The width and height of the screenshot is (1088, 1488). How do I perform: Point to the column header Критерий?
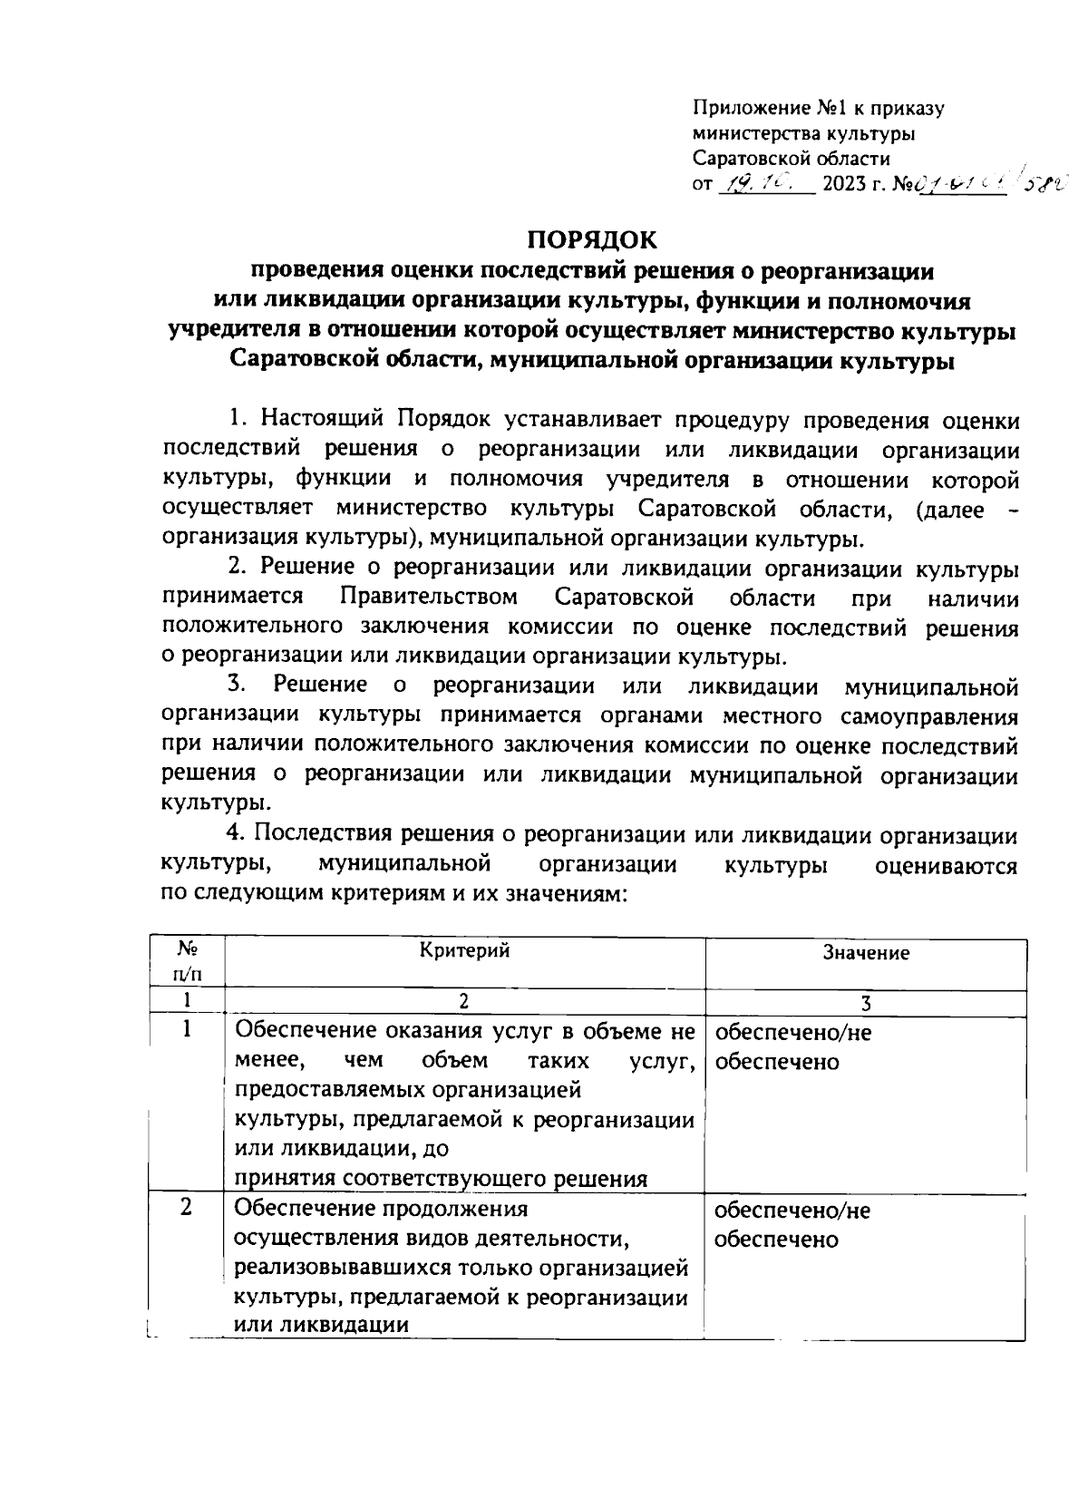(x=465, y=950)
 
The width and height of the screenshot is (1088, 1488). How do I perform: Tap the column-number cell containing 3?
(x=866, y=1003)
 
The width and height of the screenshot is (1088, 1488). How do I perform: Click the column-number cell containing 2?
(x=464, y=1002)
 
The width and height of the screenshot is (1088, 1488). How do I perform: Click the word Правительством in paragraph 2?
(x=431, y=598)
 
